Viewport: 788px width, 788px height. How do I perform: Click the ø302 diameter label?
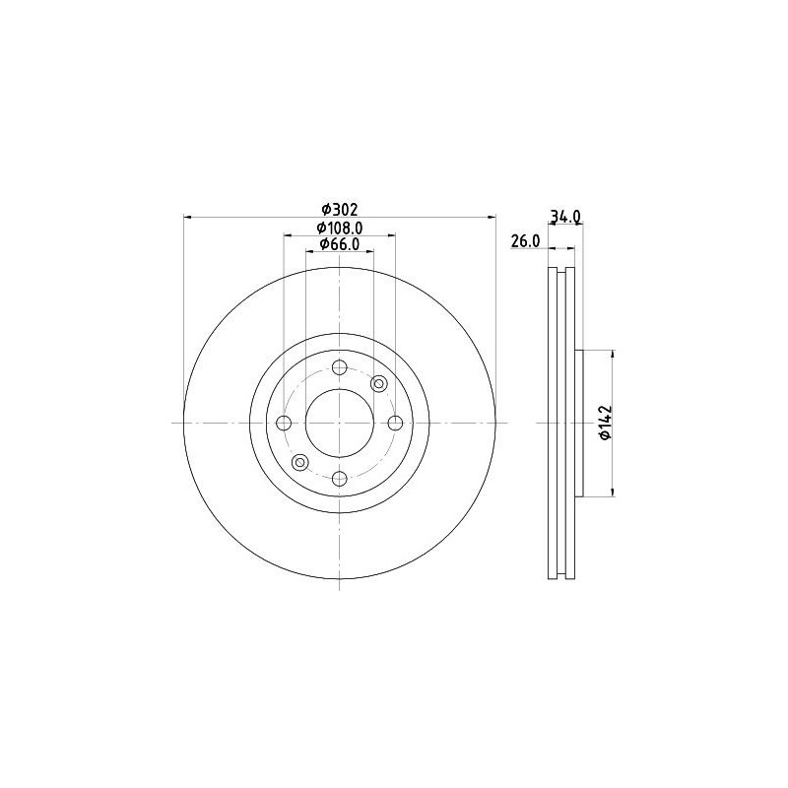(339, 209)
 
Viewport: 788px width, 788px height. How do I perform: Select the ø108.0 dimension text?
(339, 228)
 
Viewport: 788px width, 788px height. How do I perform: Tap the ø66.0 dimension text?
(339, 244)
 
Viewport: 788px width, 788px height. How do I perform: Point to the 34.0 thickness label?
(565, 216)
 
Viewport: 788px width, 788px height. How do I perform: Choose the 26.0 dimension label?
(525, 240)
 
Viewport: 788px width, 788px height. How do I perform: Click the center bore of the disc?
(339, 423)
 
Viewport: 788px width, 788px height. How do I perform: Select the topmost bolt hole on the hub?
(339, 367)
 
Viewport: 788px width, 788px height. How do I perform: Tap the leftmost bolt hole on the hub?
(284, 423)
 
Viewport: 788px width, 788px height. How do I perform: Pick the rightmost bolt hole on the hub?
(395, 423)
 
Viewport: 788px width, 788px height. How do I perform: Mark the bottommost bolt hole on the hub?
(339, 479)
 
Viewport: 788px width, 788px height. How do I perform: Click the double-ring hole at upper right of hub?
(378, 383)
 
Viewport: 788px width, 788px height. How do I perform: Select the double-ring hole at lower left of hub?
(300, 463)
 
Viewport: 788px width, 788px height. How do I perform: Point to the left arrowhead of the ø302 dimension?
(187, 218)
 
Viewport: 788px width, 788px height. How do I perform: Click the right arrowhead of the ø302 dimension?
(492, 218)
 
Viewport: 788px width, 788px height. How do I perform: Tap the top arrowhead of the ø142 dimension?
(614, 354)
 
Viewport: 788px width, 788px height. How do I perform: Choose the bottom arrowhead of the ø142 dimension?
(614, 492)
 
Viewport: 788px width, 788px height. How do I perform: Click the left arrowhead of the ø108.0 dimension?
(288, 235)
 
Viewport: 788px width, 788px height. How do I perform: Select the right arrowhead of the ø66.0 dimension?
(369, 252)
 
